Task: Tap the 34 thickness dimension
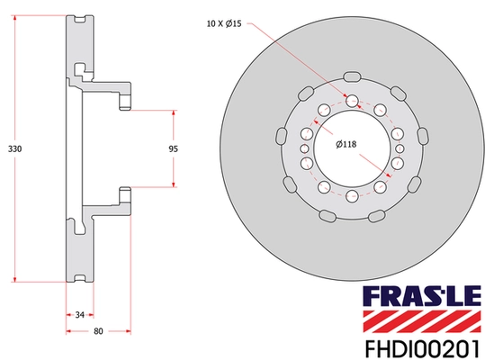point(80,314)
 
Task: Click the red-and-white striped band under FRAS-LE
point(421,318)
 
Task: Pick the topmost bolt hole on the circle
point(351,101)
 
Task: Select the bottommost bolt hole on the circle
point(351,195)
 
